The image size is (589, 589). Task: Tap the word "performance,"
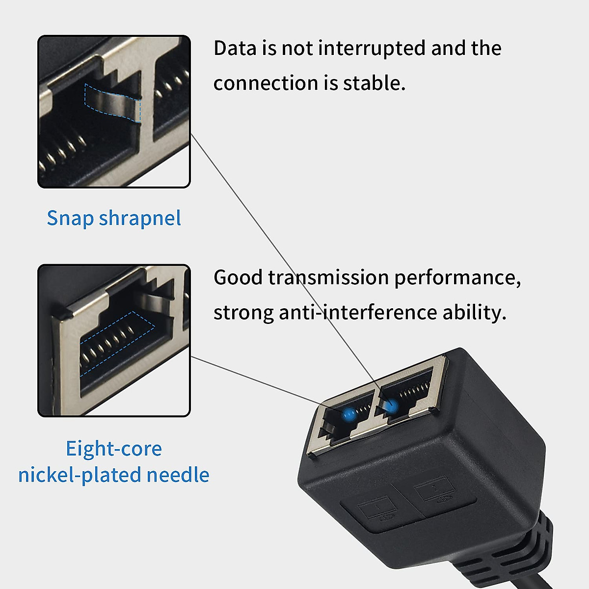[x=457, y=278]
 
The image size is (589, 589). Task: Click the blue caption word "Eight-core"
[x=114, y=449]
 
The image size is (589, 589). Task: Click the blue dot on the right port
[x=391, y=406]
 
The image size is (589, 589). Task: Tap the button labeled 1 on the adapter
[x=377, y=510]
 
